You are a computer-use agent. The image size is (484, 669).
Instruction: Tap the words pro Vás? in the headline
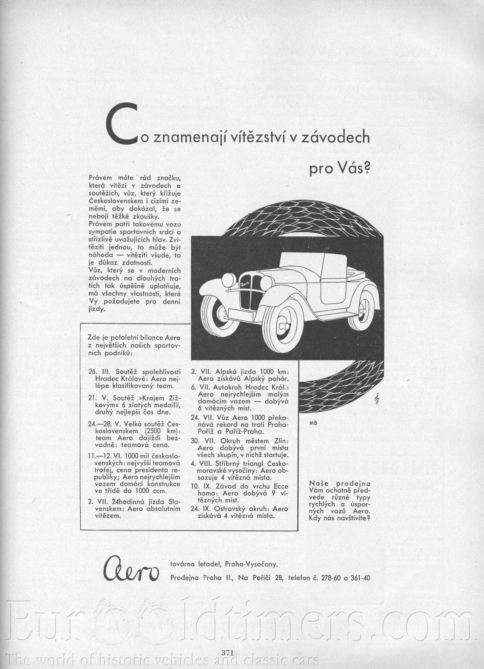(x=339, y=169)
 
